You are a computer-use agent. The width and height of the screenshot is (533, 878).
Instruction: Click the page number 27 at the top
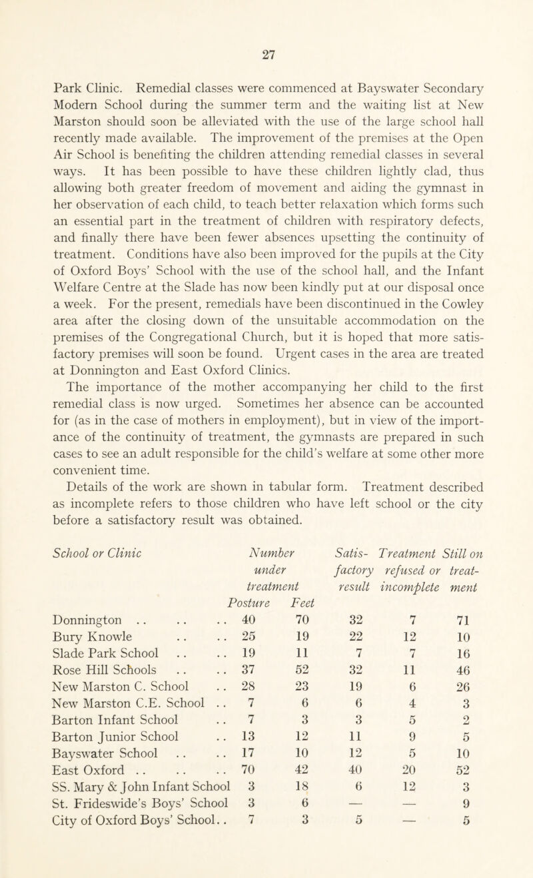click(x=267, y=19)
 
